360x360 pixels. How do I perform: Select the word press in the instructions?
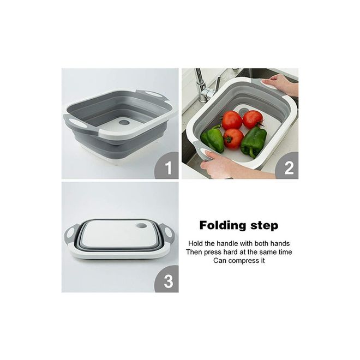point(211,253)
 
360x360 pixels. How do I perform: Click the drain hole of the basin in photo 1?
point(124,122)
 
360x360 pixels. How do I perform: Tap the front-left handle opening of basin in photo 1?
point(76,121)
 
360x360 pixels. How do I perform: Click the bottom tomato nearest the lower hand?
point(233,139)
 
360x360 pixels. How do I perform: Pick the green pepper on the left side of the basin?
point(213,139)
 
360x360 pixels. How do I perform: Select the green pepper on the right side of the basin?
point(253,141)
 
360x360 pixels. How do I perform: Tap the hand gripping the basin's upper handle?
point(279,85)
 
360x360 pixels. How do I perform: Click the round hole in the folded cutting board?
point(141,226)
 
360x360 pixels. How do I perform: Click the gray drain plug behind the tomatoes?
point(243,111)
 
